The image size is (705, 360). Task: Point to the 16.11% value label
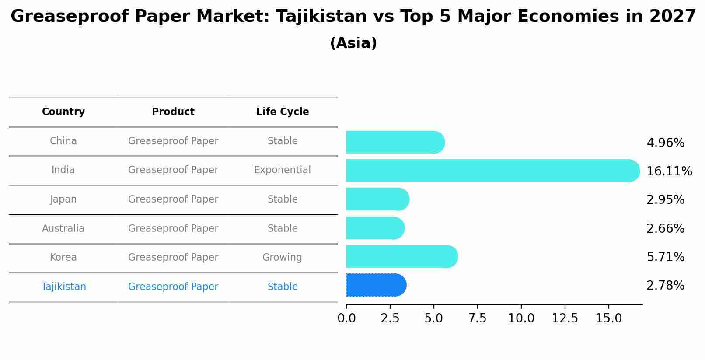coord(669,171)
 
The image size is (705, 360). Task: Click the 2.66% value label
coord(665,228)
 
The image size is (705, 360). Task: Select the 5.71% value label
coord(665,257)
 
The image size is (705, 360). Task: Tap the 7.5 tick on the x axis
coord(477,318)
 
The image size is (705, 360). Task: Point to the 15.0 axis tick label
coord(608,318)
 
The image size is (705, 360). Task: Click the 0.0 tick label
coord(346,318)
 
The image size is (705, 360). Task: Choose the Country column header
coord(63,112)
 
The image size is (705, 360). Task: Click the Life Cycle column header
coord(283,112)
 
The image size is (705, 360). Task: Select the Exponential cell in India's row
coord(283,170)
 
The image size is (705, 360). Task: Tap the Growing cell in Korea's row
coord(282,257)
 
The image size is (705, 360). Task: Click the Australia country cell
coord(63,228)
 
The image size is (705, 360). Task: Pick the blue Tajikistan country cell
coord(63,287)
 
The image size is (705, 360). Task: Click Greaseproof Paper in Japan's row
coord(173,199)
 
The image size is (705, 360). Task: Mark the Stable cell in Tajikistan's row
coord(283,287)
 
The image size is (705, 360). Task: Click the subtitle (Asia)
coord(353,43)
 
